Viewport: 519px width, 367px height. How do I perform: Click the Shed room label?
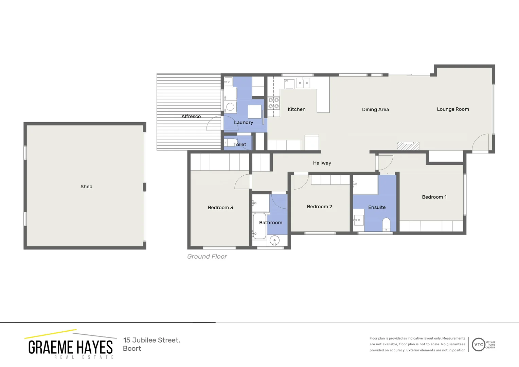point(86,187)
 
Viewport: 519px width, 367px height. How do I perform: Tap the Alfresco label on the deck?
point(191,117)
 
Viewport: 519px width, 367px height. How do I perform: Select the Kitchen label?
point(297,109)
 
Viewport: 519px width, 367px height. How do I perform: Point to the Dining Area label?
point(375,109)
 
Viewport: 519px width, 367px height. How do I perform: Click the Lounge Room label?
point(453,109)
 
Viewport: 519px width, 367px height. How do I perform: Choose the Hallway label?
point(322,163)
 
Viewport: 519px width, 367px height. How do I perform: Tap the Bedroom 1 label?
point(434,197)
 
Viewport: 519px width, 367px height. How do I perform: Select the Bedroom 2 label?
point(319,207)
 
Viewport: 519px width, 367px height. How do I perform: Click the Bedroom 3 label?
point(220,208)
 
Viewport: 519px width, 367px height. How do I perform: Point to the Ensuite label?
point(377,207)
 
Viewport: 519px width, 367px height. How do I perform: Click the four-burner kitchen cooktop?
point(273,103)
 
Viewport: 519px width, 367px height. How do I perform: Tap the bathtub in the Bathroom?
point(259,226)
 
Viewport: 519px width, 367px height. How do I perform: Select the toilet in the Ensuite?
point(386,225)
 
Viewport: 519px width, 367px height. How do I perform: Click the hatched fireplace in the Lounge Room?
point(408,146)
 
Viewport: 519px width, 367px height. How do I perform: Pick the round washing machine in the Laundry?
point(230,107)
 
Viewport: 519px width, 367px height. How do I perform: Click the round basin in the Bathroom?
point(274,241)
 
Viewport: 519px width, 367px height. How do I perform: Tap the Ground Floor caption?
point(207,257)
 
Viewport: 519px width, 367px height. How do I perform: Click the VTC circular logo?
point(478,345)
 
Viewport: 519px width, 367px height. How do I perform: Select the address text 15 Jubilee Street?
point(151,340)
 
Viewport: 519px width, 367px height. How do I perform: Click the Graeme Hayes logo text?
point(70,347)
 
